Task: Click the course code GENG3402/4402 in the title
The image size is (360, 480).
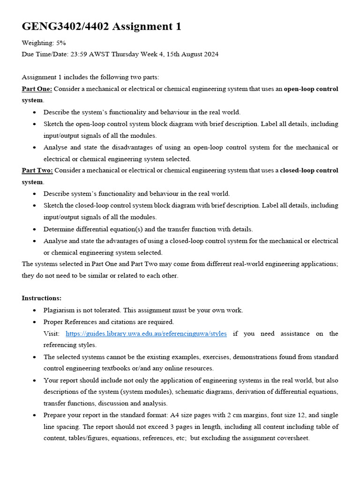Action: click(66, 27)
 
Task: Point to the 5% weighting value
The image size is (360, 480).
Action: click(61, 43)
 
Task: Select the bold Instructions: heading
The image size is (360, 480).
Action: click(42, 298)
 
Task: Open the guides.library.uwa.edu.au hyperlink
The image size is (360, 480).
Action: click(146, 333)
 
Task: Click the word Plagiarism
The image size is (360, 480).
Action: click(60, 310)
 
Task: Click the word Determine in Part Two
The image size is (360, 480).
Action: click(58, 229)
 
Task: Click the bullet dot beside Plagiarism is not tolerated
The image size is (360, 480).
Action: click(35, 310)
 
